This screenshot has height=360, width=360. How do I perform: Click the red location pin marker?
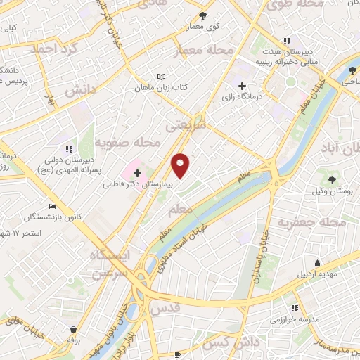(181, 165)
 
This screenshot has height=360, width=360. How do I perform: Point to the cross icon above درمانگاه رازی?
(242, 85)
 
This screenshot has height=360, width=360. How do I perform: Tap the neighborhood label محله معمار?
(210, 51)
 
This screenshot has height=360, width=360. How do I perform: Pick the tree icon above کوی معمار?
(203, 15)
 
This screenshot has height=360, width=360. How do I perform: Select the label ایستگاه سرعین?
(110, 265)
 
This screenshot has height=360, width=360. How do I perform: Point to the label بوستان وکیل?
(330, 191)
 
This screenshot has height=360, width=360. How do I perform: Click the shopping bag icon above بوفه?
(73, 328)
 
